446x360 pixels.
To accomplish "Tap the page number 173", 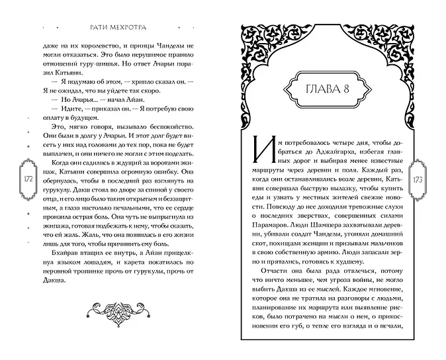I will click(x=418, y=180).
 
